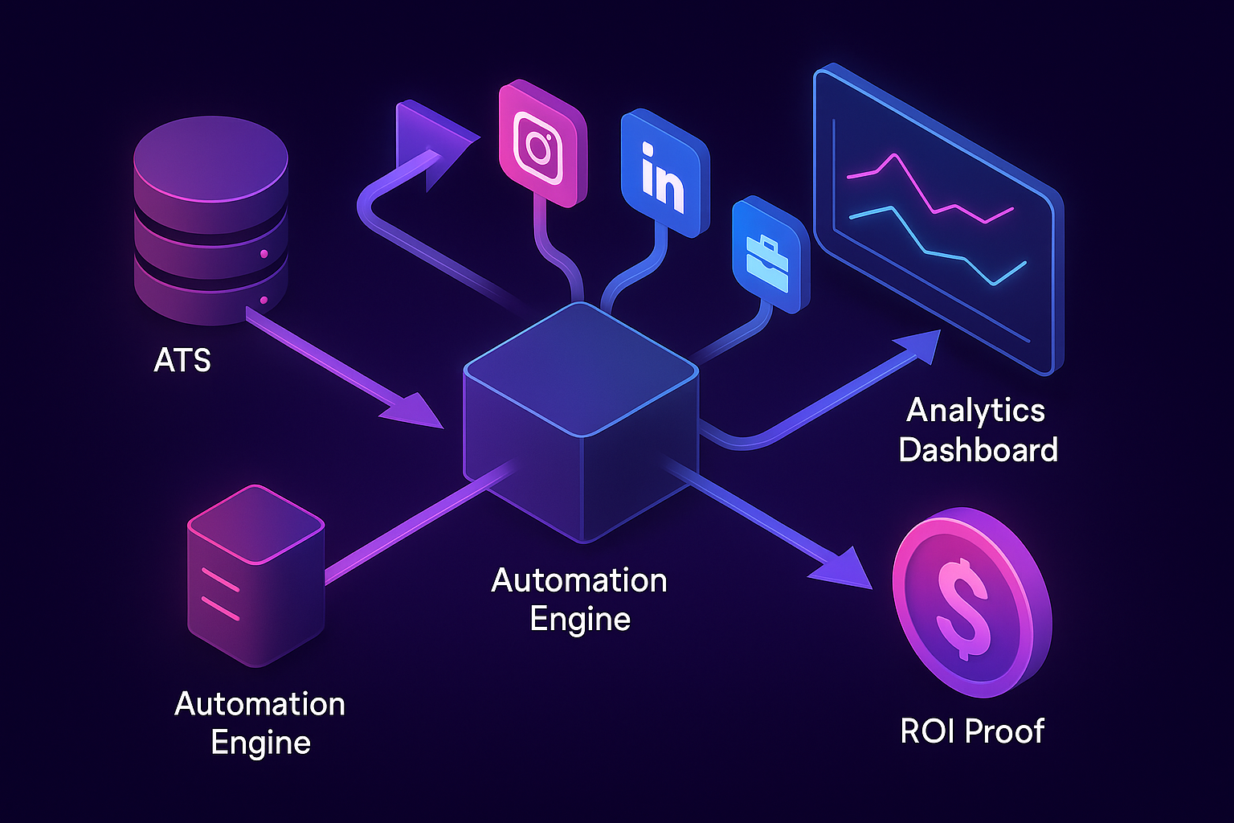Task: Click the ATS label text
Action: pos(182,360)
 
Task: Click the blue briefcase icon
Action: pos(769,256)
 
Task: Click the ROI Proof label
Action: pos(972,731)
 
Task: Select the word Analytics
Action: pos(975,411)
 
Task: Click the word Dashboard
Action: pos(978,450)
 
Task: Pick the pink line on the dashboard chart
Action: pos(932,193)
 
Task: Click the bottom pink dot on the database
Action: pos(264,301)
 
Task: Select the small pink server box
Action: pos(255,575)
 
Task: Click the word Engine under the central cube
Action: pos(580,620)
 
